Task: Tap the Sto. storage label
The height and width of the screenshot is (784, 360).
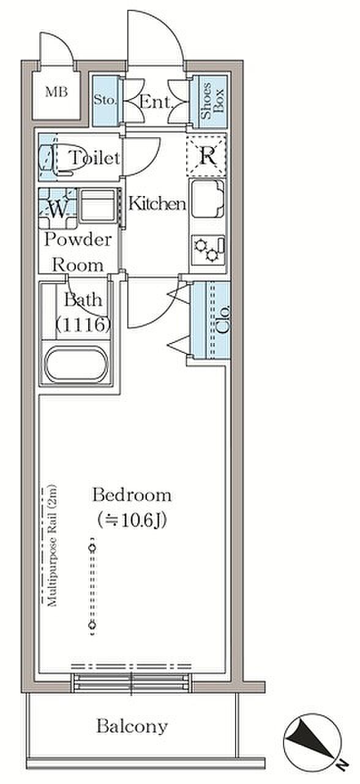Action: (x=105, y=100)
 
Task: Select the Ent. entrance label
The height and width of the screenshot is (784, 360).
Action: (x=156, y=102)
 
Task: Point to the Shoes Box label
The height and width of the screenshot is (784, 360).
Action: (x=212, y=101)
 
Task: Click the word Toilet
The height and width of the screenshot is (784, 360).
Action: (x=95, y=158)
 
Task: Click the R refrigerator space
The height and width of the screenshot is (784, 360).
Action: (x=207, y=156)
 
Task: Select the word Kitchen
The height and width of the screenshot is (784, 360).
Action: (x=157, y=203)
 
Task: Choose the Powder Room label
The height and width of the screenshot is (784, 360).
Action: (x=78, y=252)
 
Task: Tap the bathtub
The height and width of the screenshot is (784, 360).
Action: (x=77, y=364)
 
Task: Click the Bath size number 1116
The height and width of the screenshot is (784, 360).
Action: (x=84, y=325)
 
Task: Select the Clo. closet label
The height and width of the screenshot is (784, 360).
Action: (x=222, y=319)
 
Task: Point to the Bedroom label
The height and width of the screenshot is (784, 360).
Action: (x=132, y=495)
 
